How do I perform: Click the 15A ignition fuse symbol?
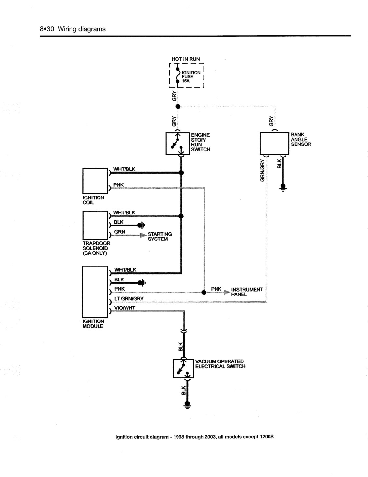(x=177, y=75)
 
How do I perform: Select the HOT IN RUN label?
(x=186, y=59)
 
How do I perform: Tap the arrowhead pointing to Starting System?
(x=143, y=235)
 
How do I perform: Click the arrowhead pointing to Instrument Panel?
(x=227, y=292)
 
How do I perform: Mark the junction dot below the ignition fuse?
(x=178, y=107)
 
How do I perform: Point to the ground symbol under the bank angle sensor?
(x=283, y=188)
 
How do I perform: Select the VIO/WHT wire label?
(x=125, y=308)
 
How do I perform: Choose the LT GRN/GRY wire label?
(x=129, y=299)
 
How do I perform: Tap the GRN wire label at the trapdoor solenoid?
(x=120, y=232)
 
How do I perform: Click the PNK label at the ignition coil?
(x=118, y=185)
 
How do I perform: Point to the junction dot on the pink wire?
(x=204, y=293)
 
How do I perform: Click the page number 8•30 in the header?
(x=47, y=29)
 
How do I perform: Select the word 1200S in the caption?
(x=267, y=437)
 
